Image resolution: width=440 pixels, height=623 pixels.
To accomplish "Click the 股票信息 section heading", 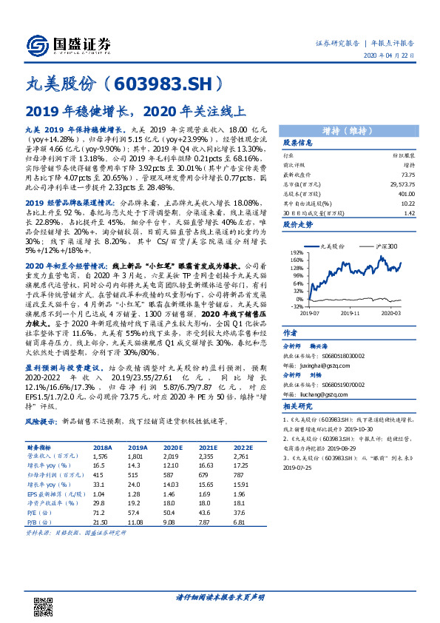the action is (298, 143).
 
